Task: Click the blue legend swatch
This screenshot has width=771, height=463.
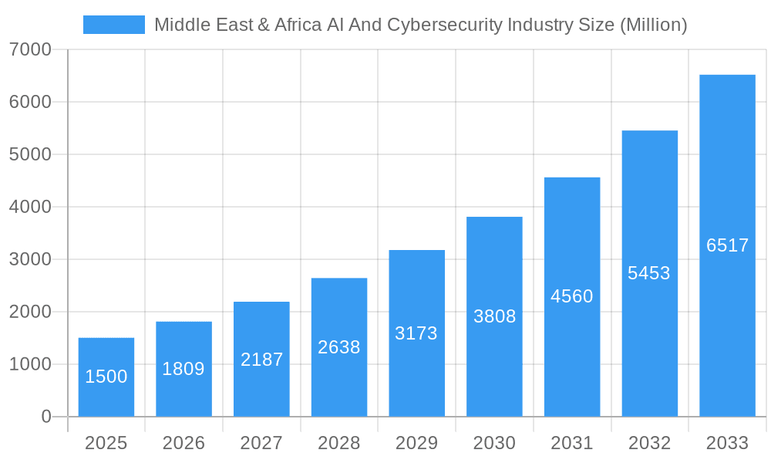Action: click(x=113, y=25)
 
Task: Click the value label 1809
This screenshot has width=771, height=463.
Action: click(x=183, y=369)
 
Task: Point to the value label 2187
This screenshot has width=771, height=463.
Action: click(x=261, y=360)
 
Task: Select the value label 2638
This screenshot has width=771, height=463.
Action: click(x=339, y=347)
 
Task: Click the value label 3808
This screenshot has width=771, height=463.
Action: click(x=494, y=316)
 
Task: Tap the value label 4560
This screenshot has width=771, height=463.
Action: click(x=572, y=296)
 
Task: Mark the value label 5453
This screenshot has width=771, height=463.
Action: click(x=649, y=273)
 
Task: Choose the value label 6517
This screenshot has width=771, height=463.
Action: click(x=727, y=245)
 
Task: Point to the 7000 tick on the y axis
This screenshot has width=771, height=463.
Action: click(x=30, y=49)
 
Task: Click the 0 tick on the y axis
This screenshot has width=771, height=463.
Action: click(x=45, y=417)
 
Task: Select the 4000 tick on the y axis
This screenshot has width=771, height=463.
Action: click(x=30, y=207)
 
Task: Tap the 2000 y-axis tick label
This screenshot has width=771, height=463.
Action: click(x=30, y=312)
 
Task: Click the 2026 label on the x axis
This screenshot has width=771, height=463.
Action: click(x=183, y=443)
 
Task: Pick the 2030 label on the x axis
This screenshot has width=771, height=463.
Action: click(x=494, y=443)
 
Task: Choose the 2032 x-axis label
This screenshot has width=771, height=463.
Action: click(x=649, y=443)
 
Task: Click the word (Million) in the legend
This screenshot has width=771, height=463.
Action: click(x=653, y=25)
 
